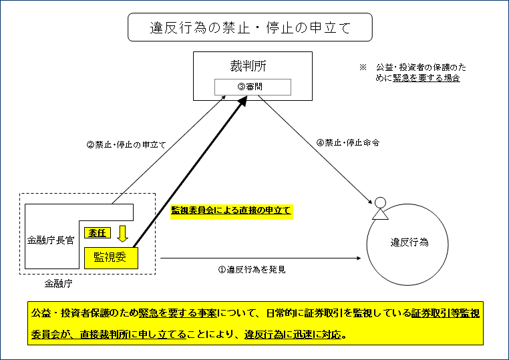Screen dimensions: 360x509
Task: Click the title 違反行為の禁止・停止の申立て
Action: coord(250,29)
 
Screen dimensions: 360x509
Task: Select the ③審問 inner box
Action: coord(252,87)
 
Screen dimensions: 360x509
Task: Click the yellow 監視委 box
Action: coord(111,256)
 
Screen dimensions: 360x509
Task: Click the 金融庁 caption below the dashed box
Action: coord(59,283)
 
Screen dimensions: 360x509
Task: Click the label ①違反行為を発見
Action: coord(252,270)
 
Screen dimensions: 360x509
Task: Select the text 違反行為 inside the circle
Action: coord(409,242)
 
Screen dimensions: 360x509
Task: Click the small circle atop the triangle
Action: coord(380,202)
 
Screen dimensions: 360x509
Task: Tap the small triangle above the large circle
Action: coord(380,214)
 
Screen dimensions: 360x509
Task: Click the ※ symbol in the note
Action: coord(363,67)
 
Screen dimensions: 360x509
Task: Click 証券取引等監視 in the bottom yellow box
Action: coord(445,313)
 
